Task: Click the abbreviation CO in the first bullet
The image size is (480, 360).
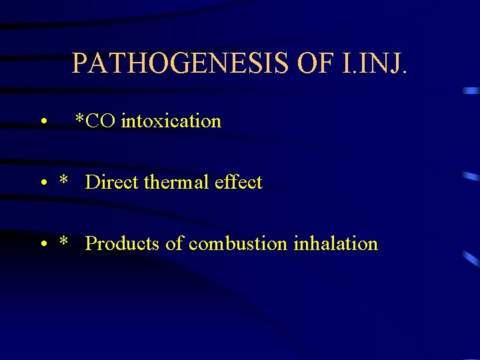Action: tap(101, 121)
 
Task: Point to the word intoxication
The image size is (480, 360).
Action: tap(171, 121)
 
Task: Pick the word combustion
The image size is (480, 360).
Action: tap(238, 244)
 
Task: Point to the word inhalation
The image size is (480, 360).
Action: tap(335, 244)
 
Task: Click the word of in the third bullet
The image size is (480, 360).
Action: tap(174, 244)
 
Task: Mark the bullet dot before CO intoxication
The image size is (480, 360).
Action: tap(42, 123)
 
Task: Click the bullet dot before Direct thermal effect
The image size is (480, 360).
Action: tap(42, 184)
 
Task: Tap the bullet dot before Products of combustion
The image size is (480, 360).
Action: tap(42, 245)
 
